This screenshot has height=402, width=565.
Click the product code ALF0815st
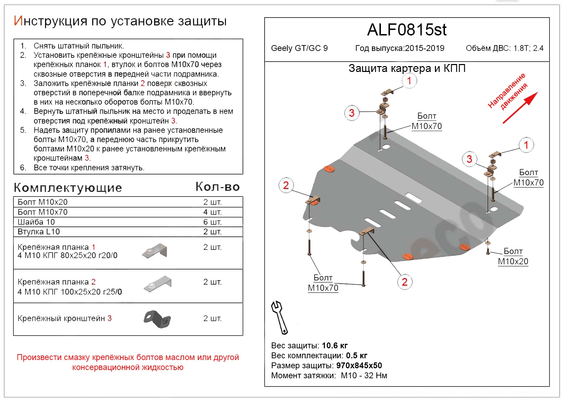pyautogui.click(x=407, y=30)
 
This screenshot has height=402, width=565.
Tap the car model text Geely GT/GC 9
pyautogui.click(x=299, y=48)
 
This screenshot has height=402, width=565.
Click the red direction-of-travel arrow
pyautogui.click(x=520, y=107)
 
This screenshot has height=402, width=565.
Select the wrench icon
pyautogui.click(x=279, y=317)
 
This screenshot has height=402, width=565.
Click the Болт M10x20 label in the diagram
pyautogui.click(x=513, y=256)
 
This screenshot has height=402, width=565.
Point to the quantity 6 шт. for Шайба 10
pyautogui.click(x=212, y=222)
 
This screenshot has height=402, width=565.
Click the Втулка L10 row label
pyautogui.click(x=39, y=232)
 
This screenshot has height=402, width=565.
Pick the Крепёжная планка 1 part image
pyautogui.click(x=155, y=251)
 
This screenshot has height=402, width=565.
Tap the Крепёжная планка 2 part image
pyautogui.click(x=158, y=284)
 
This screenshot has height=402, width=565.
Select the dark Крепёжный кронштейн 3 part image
pyautogui.click(x=157, y=319)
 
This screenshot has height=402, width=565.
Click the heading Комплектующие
pyautogui.click(x=68, y=188)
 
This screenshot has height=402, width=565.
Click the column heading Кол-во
pyautogui.click(x=217, y=187)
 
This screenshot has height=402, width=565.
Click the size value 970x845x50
pyautogui.click(x=359, y=366)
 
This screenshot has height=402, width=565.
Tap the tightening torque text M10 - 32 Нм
pyautogui.click(x=364, y=375)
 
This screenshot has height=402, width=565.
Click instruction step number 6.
pyautogui.click(x=23, y=168)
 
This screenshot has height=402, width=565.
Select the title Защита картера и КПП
pyautogui.click(x=407, y=68)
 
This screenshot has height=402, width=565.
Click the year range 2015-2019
pyautogui.click(x=425, y=48)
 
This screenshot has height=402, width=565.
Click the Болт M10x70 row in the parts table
pyautogui.click(x=43, y=212)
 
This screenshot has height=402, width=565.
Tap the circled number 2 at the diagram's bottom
pyautogui.click(x=405, y=282)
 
